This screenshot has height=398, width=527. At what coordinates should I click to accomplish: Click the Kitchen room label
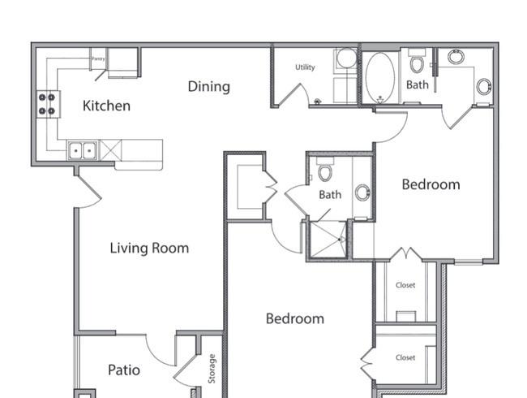[x=106, y=106]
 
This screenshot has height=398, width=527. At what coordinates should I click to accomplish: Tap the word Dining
[x=208, y=87]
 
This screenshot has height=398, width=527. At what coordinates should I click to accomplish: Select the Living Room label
[x=149, y=249]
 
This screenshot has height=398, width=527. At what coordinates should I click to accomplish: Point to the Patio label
[x=124, y=370]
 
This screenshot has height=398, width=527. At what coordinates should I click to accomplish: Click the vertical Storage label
[x=212, y=369]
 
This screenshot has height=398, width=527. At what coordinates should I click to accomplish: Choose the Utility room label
[x=305, y=67]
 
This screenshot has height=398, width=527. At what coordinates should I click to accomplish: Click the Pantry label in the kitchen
[x=98, y=58]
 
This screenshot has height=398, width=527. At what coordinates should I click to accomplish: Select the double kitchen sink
[x=83, y=150]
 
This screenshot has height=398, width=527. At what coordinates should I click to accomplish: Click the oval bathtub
[x=380, y=78]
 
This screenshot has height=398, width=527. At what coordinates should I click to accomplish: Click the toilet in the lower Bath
[x=325, y=169]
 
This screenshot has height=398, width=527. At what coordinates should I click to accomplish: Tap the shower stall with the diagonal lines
[x=328, y=240]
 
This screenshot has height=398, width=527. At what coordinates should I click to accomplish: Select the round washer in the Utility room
[x=346, y=58]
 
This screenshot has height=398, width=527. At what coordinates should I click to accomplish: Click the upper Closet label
[x=405, y=285]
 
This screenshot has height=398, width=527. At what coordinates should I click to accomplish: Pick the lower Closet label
[x=405, y=357]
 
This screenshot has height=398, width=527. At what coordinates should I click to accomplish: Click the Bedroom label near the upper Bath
[x=431, y=184]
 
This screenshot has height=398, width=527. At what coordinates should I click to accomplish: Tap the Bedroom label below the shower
[x=295, y=319]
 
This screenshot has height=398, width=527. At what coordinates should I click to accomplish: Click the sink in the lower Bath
[x=362, y=193]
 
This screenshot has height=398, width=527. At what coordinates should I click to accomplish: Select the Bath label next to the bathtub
[x=417, y=84]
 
